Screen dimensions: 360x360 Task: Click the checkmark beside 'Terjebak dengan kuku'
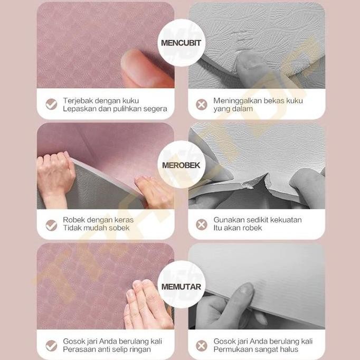(51, 104)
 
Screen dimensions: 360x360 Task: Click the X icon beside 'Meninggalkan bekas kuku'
(201, 104)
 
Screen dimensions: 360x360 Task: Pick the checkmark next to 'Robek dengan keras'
(51, 225)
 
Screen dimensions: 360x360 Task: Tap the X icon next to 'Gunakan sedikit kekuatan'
(201, 225)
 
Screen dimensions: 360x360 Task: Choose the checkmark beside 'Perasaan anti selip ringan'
(51, 346)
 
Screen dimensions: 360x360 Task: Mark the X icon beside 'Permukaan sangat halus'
(201, 346)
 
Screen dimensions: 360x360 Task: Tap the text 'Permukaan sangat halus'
(255, 349)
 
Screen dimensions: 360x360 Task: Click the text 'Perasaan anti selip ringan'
(107, 349)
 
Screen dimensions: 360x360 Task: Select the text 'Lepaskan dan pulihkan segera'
(115, 109)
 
